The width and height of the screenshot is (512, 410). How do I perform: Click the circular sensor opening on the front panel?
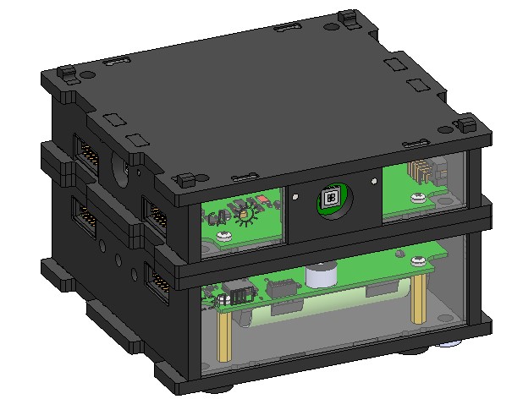point(331,199)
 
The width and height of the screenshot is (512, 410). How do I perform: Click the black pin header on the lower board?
point(239,294)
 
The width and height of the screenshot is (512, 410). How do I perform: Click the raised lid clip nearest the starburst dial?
point(184,179)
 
